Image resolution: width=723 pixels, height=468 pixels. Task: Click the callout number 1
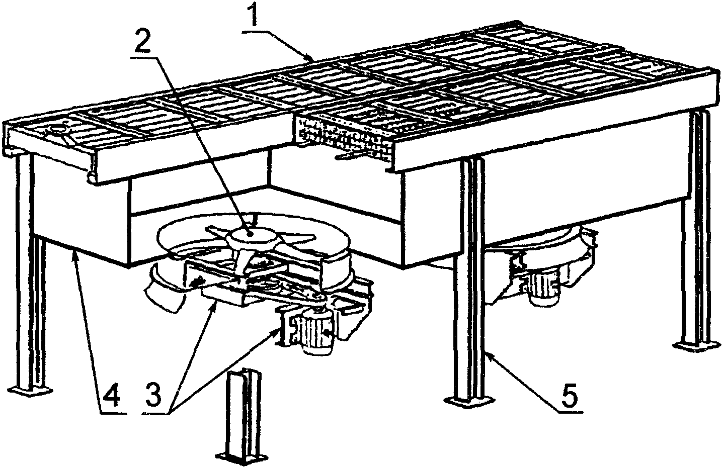point(256,17)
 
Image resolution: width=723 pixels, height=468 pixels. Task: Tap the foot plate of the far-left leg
point(31,391)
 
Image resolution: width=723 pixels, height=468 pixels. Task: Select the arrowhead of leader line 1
point(312,59)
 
